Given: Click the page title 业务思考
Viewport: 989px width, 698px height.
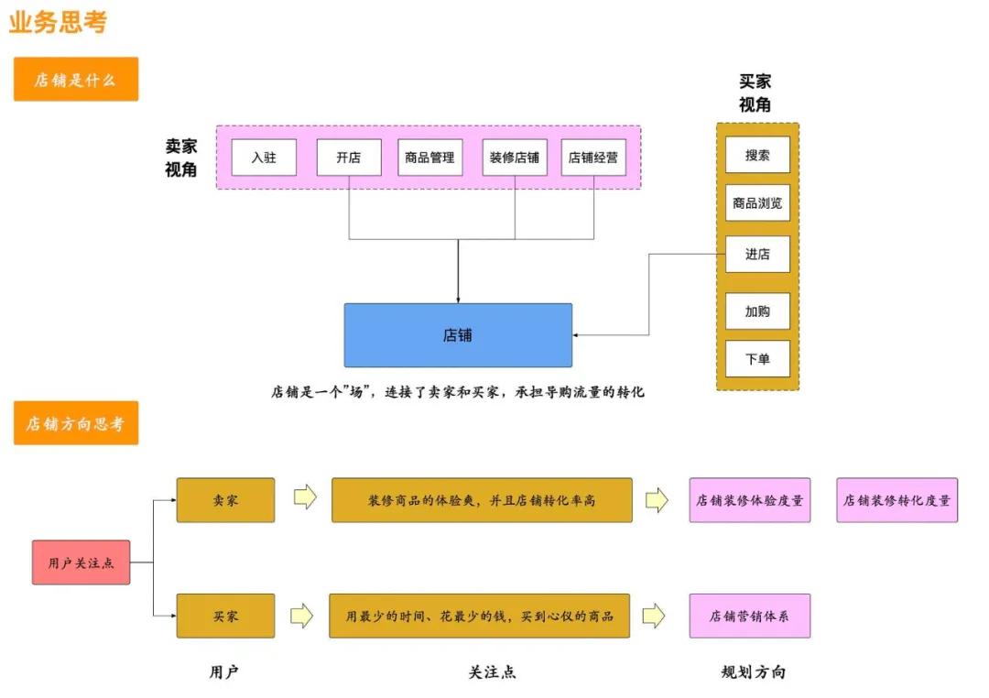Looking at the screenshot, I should coord(59,22).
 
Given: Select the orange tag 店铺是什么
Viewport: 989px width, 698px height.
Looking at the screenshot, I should coord(76,80).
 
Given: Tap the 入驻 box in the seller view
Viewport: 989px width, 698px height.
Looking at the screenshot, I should coord(264,158).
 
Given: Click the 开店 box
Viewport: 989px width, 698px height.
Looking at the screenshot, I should coord(348,158).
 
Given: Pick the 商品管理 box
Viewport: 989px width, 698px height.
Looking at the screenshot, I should coord(429,158).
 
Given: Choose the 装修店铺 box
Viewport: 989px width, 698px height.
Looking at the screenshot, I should coord(514,158).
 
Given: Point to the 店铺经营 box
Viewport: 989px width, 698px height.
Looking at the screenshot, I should coord(593,158).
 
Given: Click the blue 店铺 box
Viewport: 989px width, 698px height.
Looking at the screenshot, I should coord(458,335).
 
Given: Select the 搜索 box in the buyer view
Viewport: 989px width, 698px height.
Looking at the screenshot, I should coord(757,155).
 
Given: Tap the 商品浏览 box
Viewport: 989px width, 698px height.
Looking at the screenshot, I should coord(757,203).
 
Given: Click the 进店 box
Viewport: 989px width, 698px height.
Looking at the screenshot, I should coord(757,254).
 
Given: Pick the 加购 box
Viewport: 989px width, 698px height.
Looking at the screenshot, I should coord(757,311).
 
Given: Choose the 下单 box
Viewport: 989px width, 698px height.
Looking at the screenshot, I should coord(757,359).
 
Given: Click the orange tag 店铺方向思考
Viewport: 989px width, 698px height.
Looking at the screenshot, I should coord(76,423).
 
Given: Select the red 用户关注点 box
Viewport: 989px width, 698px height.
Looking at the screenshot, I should coord(82,562).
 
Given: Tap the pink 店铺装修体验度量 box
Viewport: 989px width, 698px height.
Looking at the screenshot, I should coord(749,500).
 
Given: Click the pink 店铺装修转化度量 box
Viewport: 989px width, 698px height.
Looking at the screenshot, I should coord(897,500).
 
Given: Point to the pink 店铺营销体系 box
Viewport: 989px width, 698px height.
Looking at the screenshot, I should coord(749,616).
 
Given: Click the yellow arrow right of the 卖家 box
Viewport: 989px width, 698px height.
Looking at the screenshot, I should coord(305,498).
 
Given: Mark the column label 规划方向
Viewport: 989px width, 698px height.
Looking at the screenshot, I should coord(753,672).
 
